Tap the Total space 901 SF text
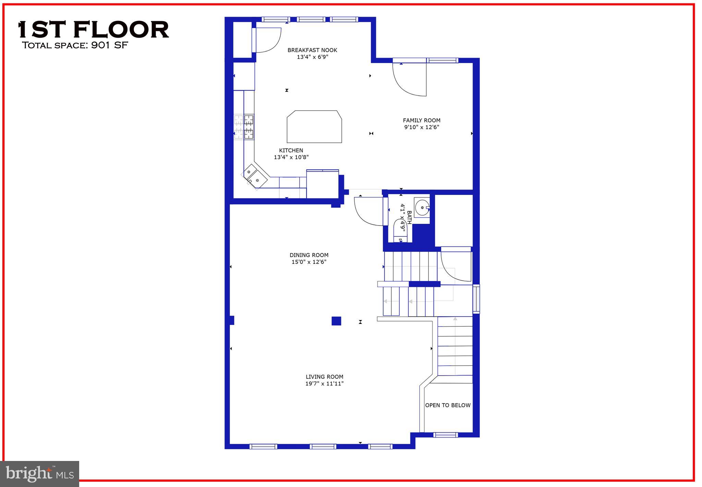pyautogui.click(x=75, y=45)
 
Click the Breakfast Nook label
pyautogui.click(x=312, y=50)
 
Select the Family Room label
pyautogui.click(x=421, y=120)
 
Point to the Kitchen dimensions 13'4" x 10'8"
pyautogui.click(x=291, y=157)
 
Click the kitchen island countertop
pyautogui.click(x=314, y=126)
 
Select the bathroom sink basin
pyautogui.click(x=422, y=207)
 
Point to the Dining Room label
pyautogui.click(x=309, y=255)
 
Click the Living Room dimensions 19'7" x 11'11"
pyautogui.click(x=324, y=383)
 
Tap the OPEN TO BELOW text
pyautogui.click(x=448, y=405)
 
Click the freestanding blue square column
pyautogui.click(x=336, y=321)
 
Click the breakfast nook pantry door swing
pyautogui.click(x=267, y=40)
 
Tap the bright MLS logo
pyautogui.click(x=39, y=474)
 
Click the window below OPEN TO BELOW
pyautogui.click(x=445, y=435)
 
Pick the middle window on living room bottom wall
pyautogui.click(x=323, y=446)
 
